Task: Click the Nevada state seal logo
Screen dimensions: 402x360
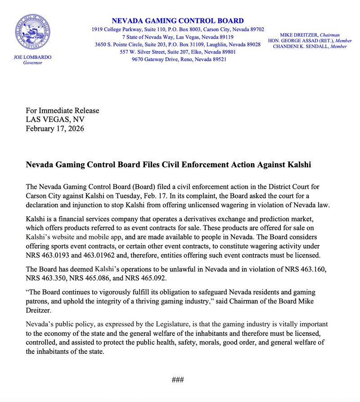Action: (33, 33)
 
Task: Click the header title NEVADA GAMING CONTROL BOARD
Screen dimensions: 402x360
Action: (178, 21)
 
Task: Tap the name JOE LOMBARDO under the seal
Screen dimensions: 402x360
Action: (32, 58)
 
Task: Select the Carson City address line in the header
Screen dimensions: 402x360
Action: (178, 29)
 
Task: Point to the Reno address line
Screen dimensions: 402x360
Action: (178, 59)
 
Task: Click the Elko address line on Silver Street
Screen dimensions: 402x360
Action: (178, 52)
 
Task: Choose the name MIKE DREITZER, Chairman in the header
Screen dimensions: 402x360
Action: (310, 35)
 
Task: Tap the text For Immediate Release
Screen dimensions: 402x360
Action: (62, 111)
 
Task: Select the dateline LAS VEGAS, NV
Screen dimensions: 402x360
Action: (55, 120)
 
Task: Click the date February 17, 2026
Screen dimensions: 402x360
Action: (54, 129)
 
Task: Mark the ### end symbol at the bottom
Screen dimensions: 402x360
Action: (178, 380)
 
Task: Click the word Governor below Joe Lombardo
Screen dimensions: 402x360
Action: (32, 63)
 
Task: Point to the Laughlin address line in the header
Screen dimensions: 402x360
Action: (178, 45)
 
